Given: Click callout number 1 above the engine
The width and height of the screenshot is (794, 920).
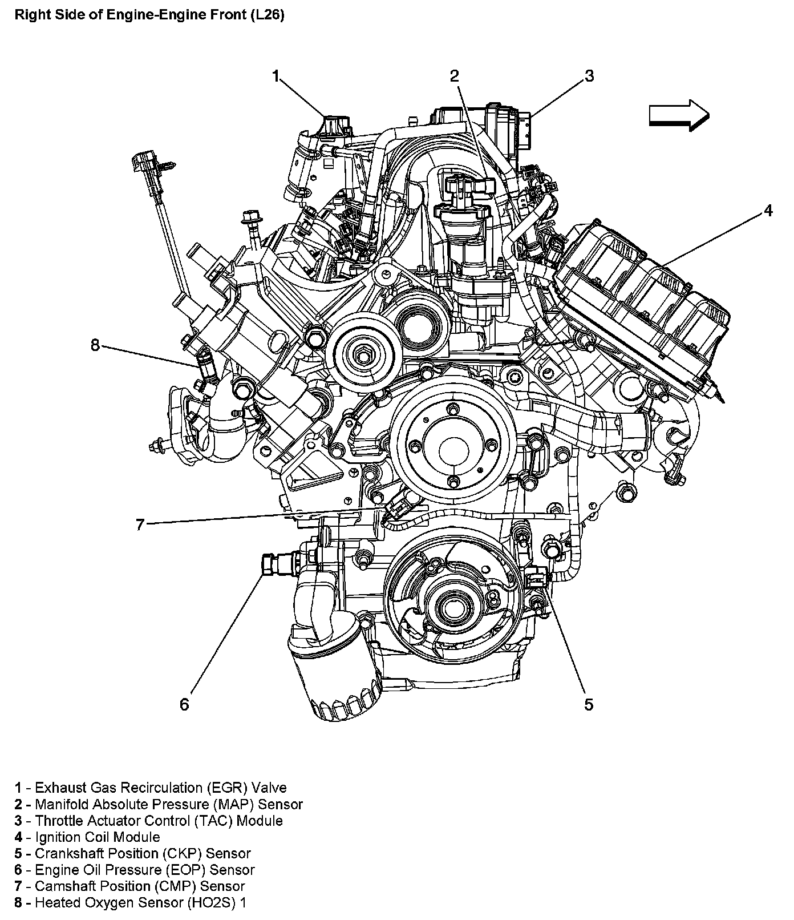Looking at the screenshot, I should point(276,76).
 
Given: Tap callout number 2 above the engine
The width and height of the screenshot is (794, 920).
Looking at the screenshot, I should point(454,76).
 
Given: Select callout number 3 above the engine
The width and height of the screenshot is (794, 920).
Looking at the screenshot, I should point(589,76).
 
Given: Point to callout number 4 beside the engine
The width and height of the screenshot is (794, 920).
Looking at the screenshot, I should point(768,211).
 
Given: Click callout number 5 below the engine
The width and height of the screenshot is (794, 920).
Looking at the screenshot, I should point(589,704).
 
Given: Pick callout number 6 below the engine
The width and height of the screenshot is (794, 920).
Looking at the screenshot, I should point(184,704).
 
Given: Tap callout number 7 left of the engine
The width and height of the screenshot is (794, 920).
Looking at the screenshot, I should point(140,524).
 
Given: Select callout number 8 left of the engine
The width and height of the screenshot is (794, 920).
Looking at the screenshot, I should point(95,345).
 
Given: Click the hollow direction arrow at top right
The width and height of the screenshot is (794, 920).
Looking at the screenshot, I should point(679,115).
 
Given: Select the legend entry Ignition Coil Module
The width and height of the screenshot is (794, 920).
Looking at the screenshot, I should point(98,837).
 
